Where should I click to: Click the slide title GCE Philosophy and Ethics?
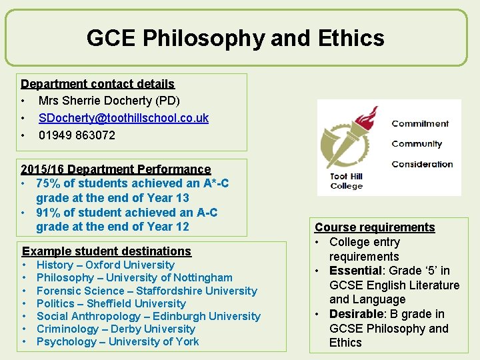coord(235,38)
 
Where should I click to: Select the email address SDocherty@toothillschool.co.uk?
coord(123,118)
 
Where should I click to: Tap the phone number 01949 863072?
coord(77,135)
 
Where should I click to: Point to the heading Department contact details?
coord(97,84)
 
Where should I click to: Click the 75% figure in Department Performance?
coord(48,183)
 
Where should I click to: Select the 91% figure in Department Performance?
coord(48,213)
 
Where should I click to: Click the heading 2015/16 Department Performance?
coord(115,169)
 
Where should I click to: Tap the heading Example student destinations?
coord(107,251)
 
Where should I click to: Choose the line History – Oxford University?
coord(105,265)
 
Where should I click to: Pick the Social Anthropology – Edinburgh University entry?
coord(149,316)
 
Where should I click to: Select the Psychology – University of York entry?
coord(118,341)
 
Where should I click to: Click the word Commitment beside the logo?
coord(420,123)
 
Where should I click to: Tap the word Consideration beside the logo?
coord(422,164)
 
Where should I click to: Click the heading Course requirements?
coord(375,227)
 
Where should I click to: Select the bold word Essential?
coord(355,271)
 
